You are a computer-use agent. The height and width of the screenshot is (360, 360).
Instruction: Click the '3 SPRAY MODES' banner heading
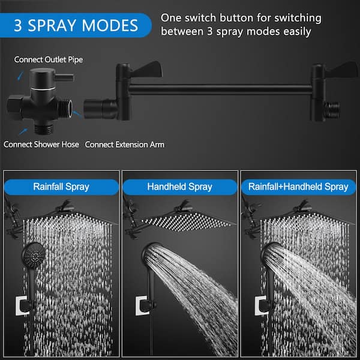point(76,25)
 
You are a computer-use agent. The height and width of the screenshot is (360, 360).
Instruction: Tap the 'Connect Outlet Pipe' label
point(49,59)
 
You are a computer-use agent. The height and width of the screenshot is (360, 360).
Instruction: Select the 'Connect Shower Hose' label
point(41,145)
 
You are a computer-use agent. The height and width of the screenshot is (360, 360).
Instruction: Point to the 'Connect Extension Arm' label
point(125,145)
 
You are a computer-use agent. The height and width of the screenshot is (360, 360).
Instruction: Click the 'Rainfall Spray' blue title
point(61,187)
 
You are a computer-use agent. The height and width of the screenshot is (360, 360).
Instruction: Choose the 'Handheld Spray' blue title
point(180,187)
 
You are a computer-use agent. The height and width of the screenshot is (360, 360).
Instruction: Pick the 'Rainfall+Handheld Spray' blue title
point(298,187)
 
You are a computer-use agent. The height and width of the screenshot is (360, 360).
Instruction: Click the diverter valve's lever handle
point(64,77)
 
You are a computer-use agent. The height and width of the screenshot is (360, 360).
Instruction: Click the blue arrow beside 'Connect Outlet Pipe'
point(21,76)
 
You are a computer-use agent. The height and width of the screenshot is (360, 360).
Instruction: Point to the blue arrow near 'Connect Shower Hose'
point(23,131)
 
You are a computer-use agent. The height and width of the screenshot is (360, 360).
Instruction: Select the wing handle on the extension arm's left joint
point(146,69)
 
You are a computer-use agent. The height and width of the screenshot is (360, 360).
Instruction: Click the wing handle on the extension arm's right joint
point(341,70)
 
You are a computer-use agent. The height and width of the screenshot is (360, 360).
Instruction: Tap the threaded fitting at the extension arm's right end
point(332,109)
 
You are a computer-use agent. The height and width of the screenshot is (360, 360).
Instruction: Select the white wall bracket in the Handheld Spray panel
point(142,305)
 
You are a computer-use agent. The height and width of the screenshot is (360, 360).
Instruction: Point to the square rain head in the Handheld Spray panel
point(186,221)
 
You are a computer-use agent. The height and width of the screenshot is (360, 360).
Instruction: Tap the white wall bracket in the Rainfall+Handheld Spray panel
point(261,305)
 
